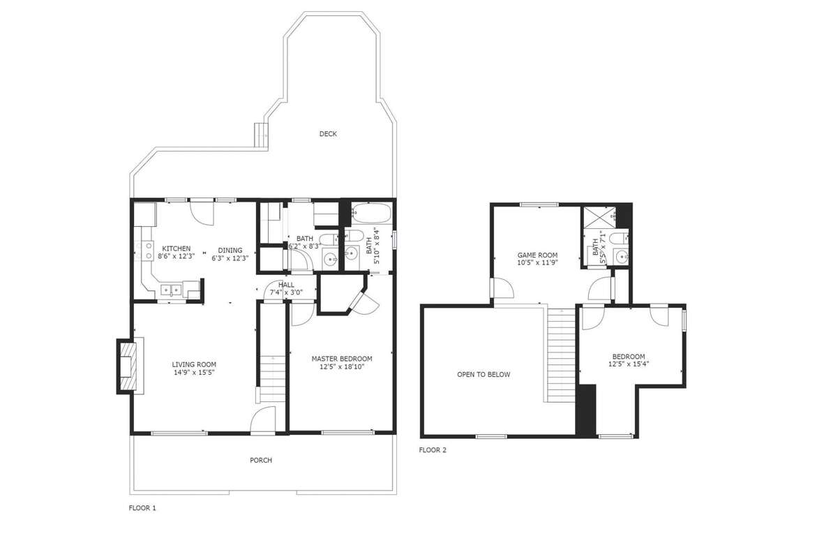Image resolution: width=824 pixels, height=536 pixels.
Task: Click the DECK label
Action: click(x=328, y=134)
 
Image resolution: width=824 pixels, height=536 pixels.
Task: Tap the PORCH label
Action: click(x=261, y=461)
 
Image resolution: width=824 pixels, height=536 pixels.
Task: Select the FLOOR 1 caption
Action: click(x=142, y=508)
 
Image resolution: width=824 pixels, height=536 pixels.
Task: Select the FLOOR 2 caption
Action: click(x=433, y=450)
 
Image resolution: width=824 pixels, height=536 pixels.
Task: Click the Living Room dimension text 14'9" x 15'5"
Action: click(x=195, y=372)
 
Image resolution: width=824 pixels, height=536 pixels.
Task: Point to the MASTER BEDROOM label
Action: click(x=342, y=359)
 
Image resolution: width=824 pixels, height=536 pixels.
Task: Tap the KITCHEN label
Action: click(x=176, y=248)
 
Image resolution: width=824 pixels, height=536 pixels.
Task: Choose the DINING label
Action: click(x=230, y=250)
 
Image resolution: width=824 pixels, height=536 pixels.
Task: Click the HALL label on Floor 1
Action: click(x=286, y=285)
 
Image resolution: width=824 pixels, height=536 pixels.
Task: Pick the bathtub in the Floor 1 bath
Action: click(x=370, y=213)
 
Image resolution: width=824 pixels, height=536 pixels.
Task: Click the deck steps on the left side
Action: click(x=261, y=135)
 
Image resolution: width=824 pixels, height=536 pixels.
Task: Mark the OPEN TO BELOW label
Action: click(x=484, y=375)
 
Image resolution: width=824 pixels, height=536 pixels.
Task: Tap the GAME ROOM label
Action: click(x=538, y=255)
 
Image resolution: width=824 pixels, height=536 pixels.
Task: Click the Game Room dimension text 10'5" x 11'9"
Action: click(x=538, y=262)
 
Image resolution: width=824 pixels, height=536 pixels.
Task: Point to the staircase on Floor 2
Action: click(x=560, y=355)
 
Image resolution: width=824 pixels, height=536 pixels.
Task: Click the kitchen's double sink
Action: click(x=170, y=289)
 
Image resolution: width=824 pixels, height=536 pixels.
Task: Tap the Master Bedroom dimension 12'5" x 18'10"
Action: click(x=342, y=367)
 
